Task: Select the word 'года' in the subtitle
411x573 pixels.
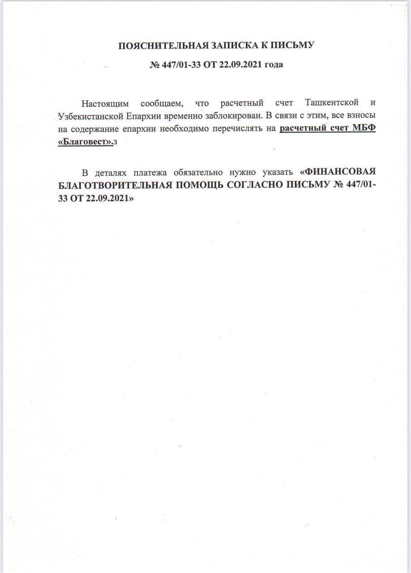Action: [273, 64]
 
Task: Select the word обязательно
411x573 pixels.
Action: [204, 172]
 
